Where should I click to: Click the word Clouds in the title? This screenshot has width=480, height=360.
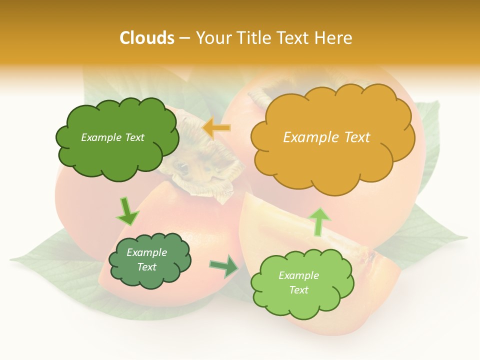pyautogui.click(x=146, y=38)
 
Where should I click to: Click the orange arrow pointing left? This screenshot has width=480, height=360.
pyautogui.click(x=216, y=128)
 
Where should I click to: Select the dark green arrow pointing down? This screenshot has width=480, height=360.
pyautogui.click(x=127, y=211)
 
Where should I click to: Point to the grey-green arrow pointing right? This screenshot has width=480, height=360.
pyautogui.click(x=224, y=266)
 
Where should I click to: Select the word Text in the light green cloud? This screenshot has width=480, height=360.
pyautogui.click(x=299, y=290)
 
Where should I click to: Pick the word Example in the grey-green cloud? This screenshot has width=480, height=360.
pyautogui.click(x=146, y=252)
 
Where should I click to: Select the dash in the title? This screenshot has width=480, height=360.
pyautogui.click(x=184, y=38)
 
